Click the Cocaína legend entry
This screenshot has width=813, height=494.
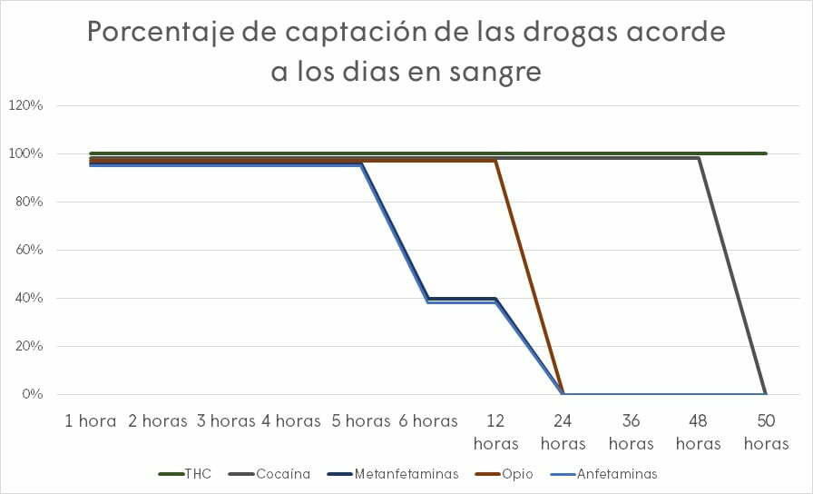click(282, 473)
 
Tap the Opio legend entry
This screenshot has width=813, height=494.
click(515, 473)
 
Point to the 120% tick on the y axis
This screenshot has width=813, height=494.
click(25, 105)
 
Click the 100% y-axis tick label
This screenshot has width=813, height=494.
click(25, 153)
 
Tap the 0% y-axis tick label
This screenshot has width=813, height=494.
click(32, 394)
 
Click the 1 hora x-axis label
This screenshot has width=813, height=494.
click(91, 420)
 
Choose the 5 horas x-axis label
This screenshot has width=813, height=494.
click(361, 420)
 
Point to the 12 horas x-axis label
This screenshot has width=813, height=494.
click(495, 431)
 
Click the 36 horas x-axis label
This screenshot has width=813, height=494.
click(631, 431)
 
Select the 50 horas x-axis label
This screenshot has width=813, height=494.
click(766, 431)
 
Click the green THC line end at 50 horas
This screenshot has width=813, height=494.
click(766, 153)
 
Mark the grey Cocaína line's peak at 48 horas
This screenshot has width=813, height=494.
click(698, 158)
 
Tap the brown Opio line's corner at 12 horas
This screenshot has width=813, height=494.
click(495, 161)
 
